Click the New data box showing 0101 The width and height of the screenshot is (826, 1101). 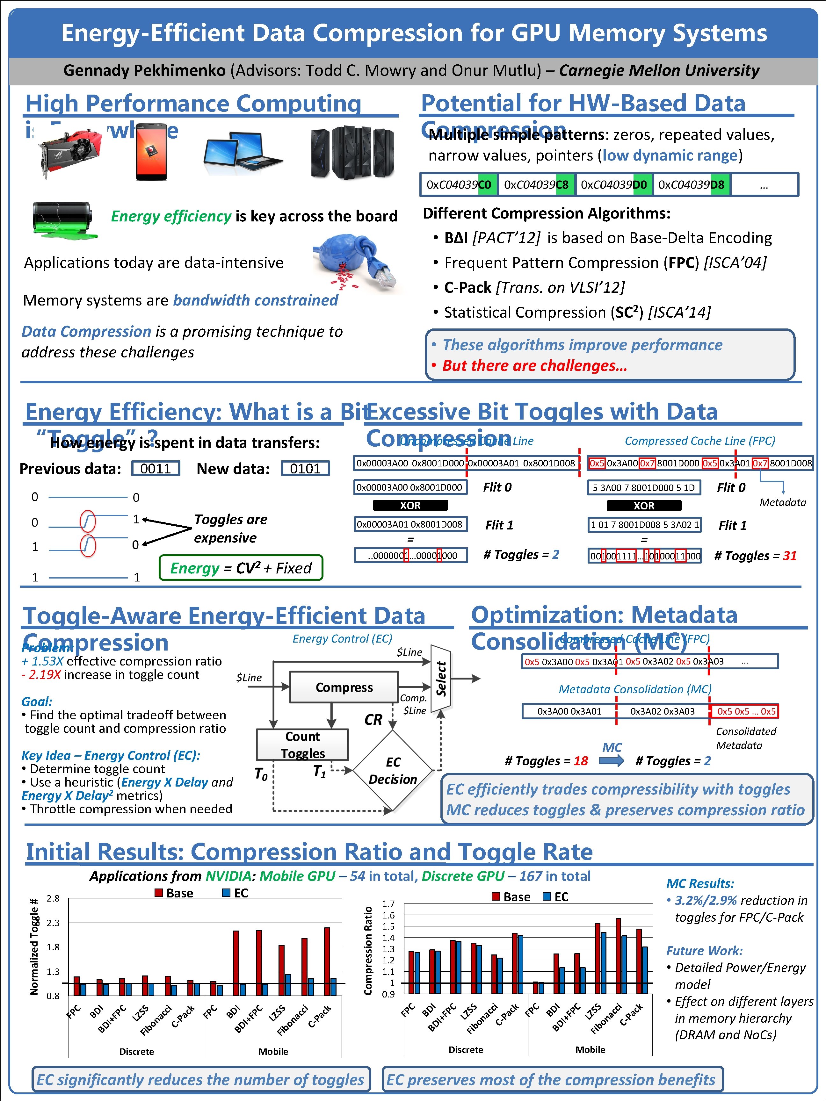coord(305,468)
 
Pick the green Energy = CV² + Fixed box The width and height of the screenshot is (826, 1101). coord(241,568)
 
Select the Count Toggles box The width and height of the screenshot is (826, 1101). coord(302,745)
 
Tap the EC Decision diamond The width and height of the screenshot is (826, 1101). coord(393,771)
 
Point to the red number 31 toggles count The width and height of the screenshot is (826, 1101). coord(790,556)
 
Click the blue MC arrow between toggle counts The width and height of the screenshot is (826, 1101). coord(612,760)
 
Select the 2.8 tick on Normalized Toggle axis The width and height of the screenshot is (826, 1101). coord(53,898)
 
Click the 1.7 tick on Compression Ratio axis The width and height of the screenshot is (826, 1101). coord(388,903)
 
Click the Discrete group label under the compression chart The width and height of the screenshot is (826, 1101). coord(466,1049)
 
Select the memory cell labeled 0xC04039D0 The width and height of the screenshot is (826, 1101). coord(613,185)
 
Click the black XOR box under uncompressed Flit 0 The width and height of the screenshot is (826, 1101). coord(410,505)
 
